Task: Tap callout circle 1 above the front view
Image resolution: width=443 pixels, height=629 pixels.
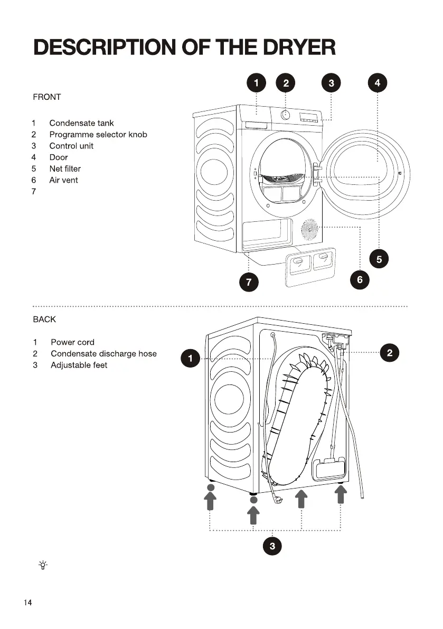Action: [x=256, y=83]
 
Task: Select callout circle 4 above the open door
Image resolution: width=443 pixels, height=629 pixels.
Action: [x=377, y=83]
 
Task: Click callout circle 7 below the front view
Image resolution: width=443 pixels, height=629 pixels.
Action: [x=249, y=283]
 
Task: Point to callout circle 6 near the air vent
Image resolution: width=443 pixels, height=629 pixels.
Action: [x=360, y=279]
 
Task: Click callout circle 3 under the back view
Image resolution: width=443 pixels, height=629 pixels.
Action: [x=272, y=547]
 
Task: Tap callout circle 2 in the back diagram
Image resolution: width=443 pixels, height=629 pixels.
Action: [x=390, y=353]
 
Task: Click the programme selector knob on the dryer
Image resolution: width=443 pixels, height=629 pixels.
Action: [x=285, y=115]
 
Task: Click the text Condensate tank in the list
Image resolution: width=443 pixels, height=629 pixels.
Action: [x=81, y=123]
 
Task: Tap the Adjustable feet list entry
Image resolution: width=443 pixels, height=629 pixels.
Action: [x=79, y=365]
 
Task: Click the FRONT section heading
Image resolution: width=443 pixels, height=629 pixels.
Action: [x=46, y=97]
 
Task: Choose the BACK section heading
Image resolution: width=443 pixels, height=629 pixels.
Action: [x=44, y=320]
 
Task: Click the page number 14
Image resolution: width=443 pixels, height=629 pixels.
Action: [x=27, y=603]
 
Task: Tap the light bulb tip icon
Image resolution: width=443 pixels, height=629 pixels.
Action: [x=43, y=565]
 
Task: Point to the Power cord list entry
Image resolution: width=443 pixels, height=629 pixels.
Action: [x=72, y=342]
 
